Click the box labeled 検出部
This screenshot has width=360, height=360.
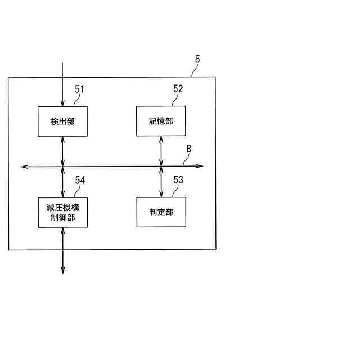62,121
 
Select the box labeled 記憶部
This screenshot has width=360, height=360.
161,121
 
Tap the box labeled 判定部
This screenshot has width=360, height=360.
161,212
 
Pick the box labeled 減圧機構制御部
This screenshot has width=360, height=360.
62,212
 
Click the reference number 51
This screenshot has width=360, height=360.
80,89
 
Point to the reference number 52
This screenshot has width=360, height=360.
178,89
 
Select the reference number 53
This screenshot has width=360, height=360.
178,180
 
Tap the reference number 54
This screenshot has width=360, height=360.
80,180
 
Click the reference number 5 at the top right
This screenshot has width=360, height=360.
197,59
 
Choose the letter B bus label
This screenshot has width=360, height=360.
189,149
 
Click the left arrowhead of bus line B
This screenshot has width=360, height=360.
23,166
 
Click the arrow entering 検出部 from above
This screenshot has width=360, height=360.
62,84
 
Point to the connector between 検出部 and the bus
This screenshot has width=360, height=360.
62,151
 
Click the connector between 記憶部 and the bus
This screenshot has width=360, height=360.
161,151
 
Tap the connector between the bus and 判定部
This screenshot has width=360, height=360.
161,182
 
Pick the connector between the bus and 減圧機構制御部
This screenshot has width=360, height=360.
62,182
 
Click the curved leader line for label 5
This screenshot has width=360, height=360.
194,70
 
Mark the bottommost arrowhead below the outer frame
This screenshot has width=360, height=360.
62,271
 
